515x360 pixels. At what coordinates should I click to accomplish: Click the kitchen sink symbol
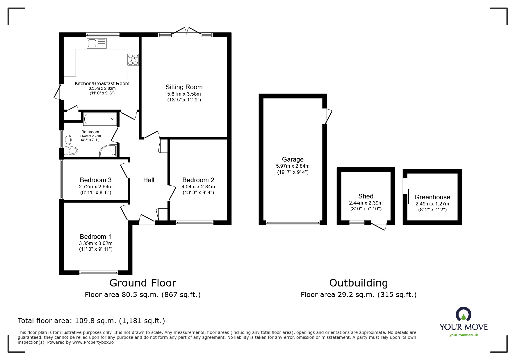point(97,44)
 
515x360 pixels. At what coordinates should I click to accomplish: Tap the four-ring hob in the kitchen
point(133,60)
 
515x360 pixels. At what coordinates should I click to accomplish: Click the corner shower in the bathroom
point(109,151)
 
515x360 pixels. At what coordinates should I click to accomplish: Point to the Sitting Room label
point(184,87)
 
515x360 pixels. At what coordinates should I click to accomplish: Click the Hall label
point(149,180)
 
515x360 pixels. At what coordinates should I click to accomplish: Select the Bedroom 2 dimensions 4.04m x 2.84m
point(198,187)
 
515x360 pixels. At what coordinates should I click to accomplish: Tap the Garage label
point(293,159)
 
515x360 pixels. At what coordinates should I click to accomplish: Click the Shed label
point(366,196)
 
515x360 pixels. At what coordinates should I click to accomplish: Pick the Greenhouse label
point(432,197)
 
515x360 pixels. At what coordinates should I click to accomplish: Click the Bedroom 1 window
point(99,272)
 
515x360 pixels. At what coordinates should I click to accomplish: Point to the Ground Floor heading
point(142,283)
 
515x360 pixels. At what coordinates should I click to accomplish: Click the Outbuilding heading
point(358,283)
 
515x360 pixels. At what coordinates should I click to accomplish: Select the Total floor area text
point(91,321)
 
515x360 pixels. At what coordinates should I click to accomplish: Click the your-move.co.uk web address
point(464,335)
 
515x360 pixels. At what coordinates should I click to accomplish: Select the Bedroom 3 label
point(95,180)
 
